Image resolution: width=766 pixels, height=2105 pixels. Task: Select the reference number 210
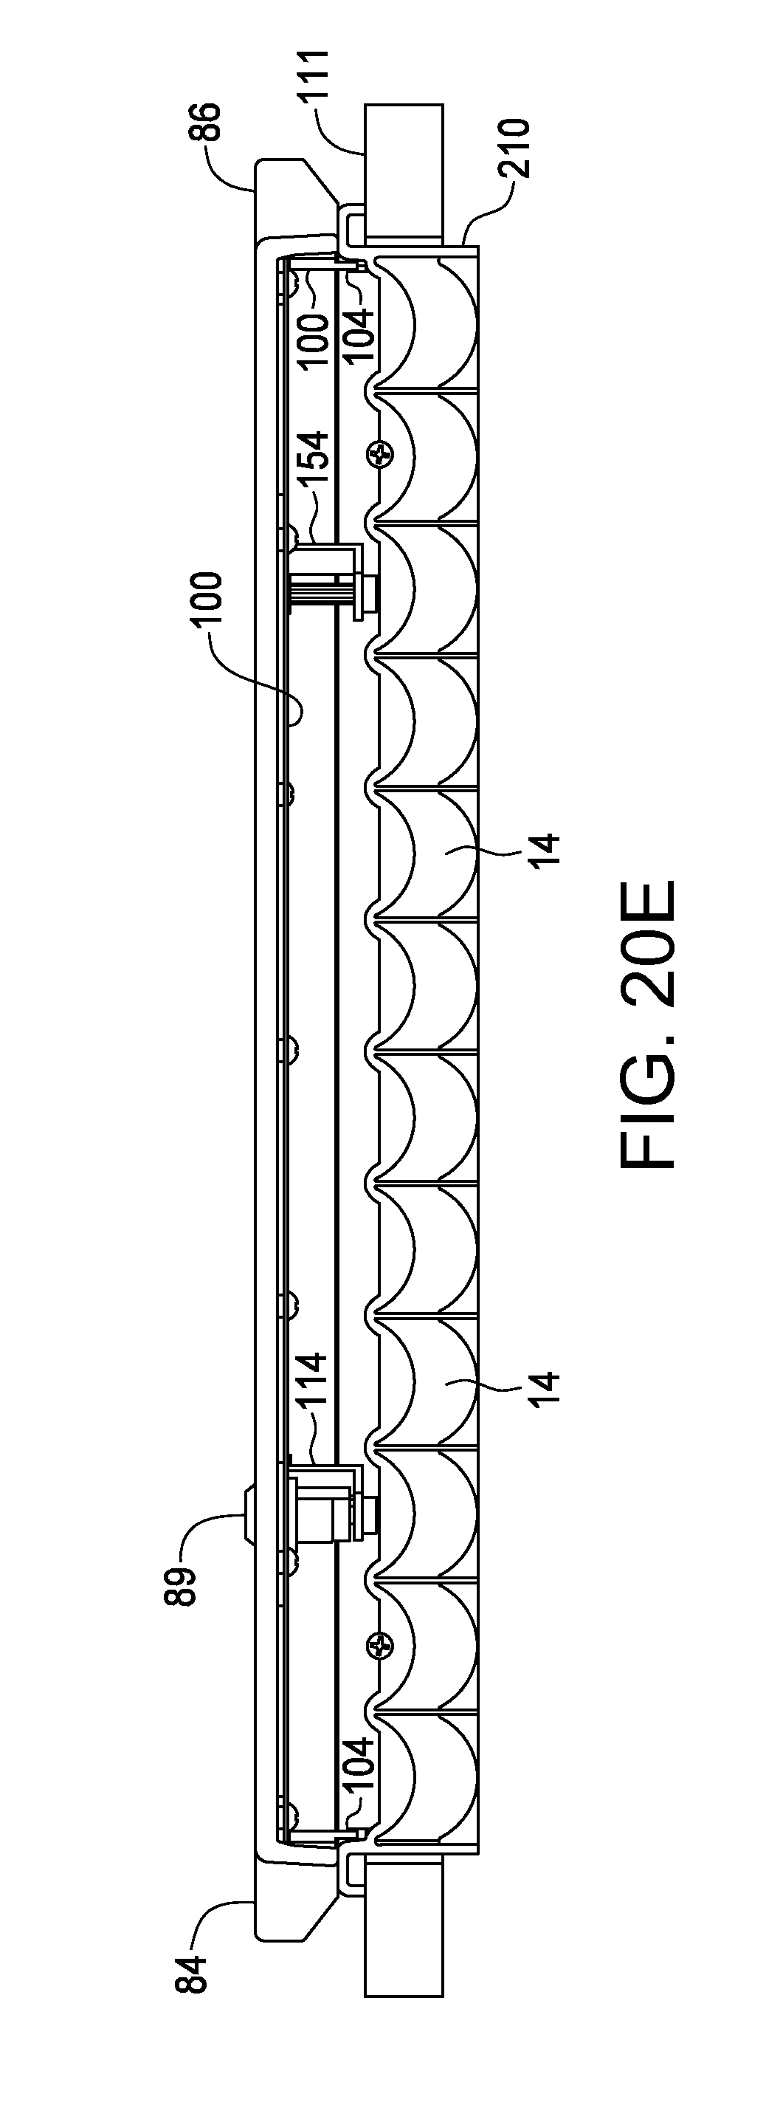517,148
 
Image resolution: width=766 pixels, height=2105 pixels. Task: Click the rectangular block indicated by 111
404,173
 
